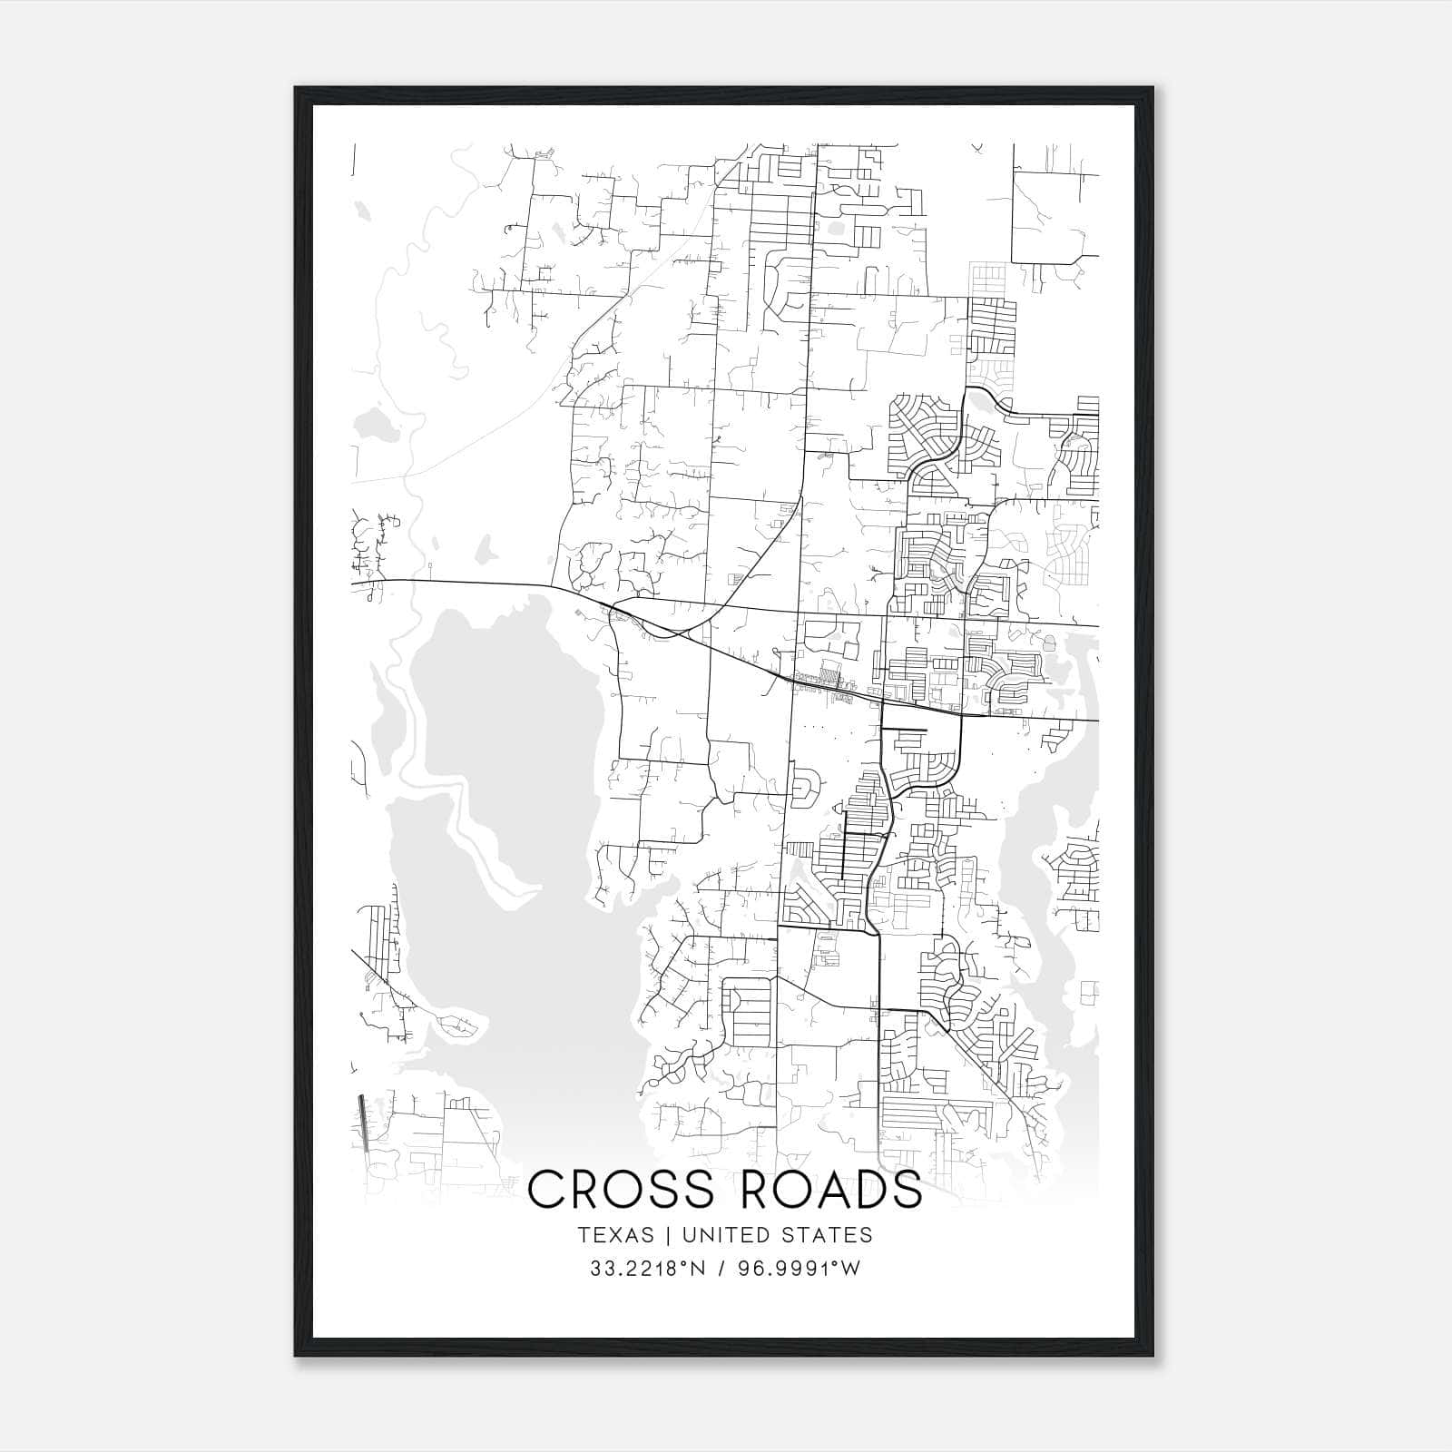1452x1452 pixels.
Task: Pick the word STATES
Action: (x=827, y=1235)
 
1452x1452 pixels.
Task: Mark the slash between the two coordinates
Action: (x=719, y=1269)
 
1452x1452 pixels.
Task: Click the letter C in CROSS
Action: (x=546, y=1190)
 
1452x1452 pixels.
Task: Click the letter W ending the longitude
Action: (x=850, y=1269)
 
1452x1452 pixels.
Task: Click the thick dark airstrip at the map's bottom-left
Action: (x=364, y=1123)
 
